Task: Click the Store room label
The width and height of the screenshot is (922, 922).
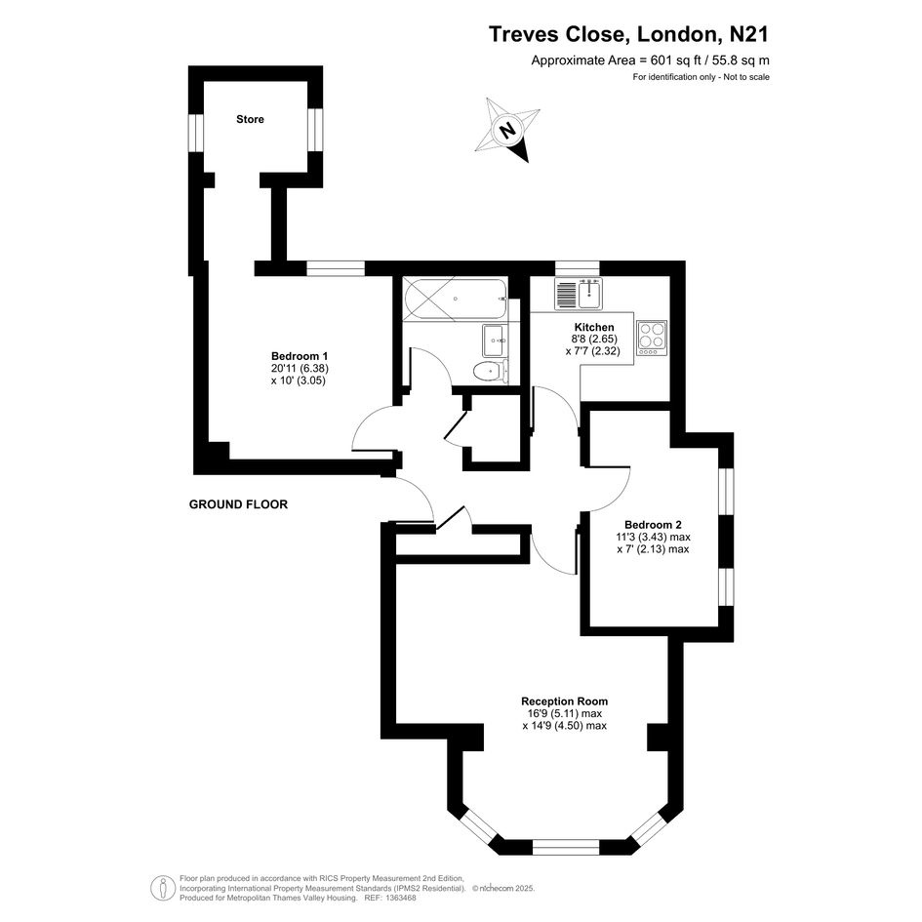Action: [250, 119]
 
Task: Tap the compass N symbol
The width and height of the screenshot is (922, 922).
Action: [507, 130]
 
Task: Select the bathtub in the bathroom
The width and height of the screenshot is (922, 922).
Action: [455, 300]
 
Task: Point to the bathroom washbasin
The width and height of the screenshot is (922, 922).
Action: [494, 341]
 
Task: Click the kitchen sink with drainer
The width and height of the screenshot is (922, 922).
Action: [578, 294]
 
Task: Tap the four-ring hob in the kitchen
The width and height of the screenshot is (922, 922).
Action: [652, 338]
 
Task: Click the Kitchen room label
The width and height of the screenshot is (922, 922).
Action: [594, 328]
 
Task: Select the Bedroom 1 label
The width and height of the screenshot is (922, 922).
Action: [300, 356]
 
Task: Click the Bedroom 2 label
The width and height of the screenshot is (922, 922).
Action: [653, 525]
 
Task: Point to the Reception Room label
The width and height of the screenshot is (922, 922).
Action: [565, 701]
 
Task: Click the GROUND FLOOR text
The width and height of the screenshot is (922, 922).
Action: [238, 504]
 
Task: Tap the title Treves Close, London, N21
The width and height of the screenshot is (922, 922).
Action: [628, 34]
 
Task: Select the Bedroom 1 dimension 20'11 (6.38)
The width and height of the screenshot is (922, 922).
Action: [300, 369]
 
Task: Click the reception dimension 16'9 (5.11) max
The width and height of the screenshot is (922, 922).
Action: [565, 713]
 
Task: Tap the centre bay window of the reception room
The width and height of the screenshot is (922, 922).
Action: [565, 847]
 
